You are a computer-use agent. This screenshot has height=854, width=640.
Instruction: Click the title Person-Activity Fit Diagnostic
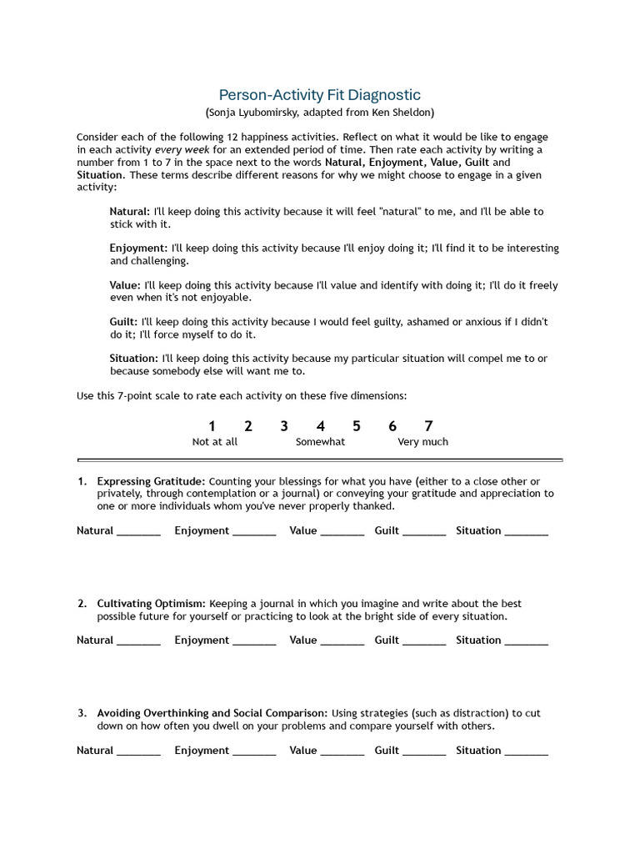click(x=319, y=95)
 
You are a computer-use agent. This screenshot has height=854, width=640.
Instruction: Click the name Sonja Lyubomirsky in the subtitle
click(x=257, y=112)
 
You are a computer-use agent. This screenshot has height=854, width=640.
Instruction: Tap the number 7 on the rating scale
click(x=428, y=426)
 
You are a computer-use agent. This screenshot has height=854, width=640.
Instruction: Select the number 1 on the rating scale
click(x=212, y=426)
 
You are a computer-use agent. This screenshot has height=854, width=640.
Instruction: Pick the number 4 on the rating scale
click(x=320, y=426)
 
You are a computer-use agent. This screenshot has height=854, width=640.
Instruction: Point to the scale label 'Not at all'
click(x=215, y=442)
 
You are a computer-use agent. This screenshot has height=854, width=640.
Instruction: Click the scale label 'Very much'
click(x=422, y=442)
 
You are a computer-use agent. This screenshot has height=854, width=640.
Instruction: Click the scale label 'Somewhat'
click(x=320, y=442)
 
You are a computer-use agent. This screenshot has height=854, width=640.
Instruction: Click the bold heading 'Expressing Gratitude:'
click(x=151, y=481)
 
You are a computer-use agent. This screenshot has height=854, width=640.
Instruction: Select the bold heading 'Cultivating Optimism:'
click(x=151, y=604)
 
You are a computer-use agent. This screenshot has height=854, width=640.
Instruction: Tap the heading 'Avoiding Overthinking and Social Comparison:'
click(x=212, y=714)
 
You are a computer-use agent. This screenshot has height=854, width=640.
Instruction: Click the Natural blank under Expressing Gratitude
click(x=138, y=532)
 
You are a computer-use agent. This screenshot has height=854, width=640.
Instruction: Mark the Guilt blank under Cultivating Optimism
click(x=424, y=642)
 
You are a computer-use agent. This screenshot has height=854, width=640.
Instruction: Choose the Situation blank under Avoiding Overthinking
click(x=527, y=752)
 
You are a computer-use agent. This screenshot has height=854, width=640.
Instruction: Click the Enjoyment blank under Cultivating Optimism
click(x=254, y=642)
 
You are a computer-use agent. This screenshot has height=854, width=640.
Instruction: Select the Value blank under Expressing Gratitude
click(x=342, y=532)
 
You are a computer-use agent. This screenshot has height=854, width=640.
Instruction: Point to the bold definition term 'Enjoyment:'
click(x=138, y=249)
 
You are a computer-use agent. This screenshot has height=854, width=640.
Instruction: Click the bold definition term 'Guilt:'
click(x=124, y=322)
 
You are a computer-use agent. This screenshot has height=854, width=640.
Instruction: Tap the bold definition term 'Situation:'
click(x=133, y=359)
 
